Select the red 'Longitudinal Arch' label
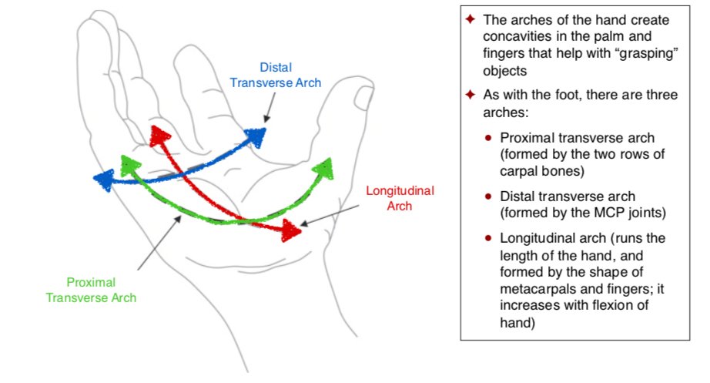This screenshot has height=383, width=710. point(399,198)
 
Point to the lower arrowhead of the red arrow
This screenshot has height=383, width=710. point(291,230)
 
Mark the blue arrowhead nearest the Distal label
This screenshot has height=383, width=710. point(255,136)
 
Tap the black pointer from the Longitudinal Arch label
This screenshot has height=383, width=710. point(331,215)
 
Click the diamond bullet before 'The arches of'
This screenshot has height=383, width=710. point(471,19)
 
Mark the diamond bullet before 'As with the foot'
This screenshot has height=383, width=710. point(471,96)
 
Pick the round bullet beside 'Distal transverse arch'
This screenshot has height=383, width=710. point(488,197)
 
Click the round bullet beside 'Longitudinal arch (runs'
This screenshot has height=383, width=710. point(488,238)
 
